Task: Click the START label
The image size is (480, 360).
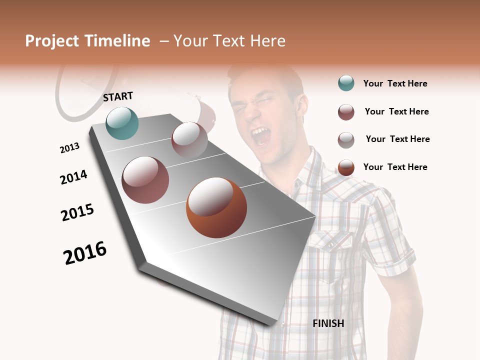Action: (118, 96)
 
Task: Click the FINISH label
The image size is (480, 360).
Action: (328, 323)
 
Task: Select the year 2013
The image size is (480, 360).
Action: (69, 148)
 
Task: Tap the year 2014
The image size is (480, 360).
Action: (73, 177)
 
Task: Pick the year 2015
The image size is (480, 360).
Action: (77, 212)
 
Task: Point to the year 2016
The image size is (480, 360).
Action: (85, 253)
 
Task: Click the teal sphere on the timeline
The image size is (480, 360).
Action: (122, 123)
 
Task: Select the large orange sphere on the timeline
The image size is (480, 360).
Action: (216, 208)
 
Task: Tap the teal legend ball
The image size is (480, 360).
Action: (346, 83)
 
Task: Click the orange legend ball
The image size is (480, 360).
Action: (346, 167)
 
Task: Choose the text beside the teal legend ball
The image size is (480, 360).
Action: (395, 84)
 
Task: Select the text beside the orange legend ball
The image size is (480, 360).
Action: (395, 167)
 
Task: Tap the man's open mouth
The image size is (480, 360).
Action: (261, 136)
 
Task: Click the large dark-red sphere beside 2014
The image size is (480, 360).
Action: (145, 180)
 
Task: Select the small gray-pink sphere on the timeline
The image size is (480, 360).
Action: (189, 139)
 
